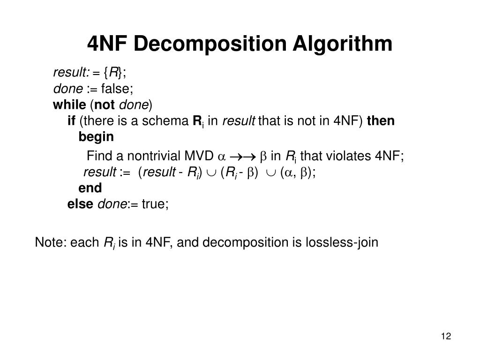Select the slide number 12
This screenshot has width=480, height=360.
tap(445, 337)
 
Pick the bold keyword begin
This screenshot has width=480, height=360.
tap(96, 137)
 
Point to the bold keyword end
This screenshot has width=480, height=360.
tap(90, 188)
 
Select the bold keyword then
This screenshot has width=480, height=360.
tap(381, 121)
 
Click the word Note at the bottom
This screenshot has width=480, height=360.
tap(50, 243)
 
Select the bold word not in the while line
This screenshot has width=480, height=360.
tap(107, 104)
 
